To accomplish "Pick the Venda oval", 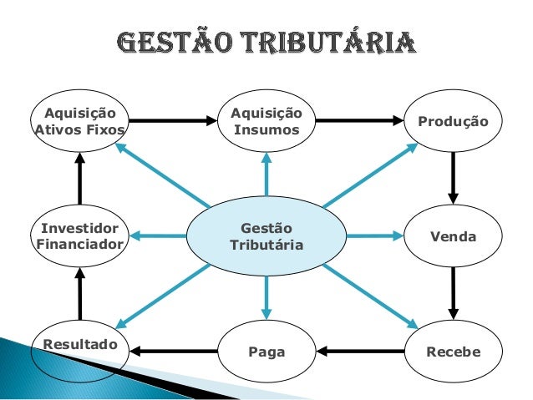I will tap(453, 237).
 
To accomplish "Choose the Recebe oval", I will tap(453, 352).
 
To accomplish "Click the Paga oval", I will tap(266, 352).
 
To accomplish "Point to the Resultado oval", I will tap(79, 346).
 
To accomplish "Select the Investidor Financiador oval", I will tap(79, 236).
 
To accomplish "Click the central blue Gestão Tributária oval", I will tap(266, 236).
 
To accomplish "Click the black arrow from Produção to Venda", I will tap(453, 179).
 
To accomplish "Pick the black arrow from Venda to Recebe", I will tap(453, 294).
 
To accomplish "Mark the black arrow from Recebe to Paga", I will tap(361, 352).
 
